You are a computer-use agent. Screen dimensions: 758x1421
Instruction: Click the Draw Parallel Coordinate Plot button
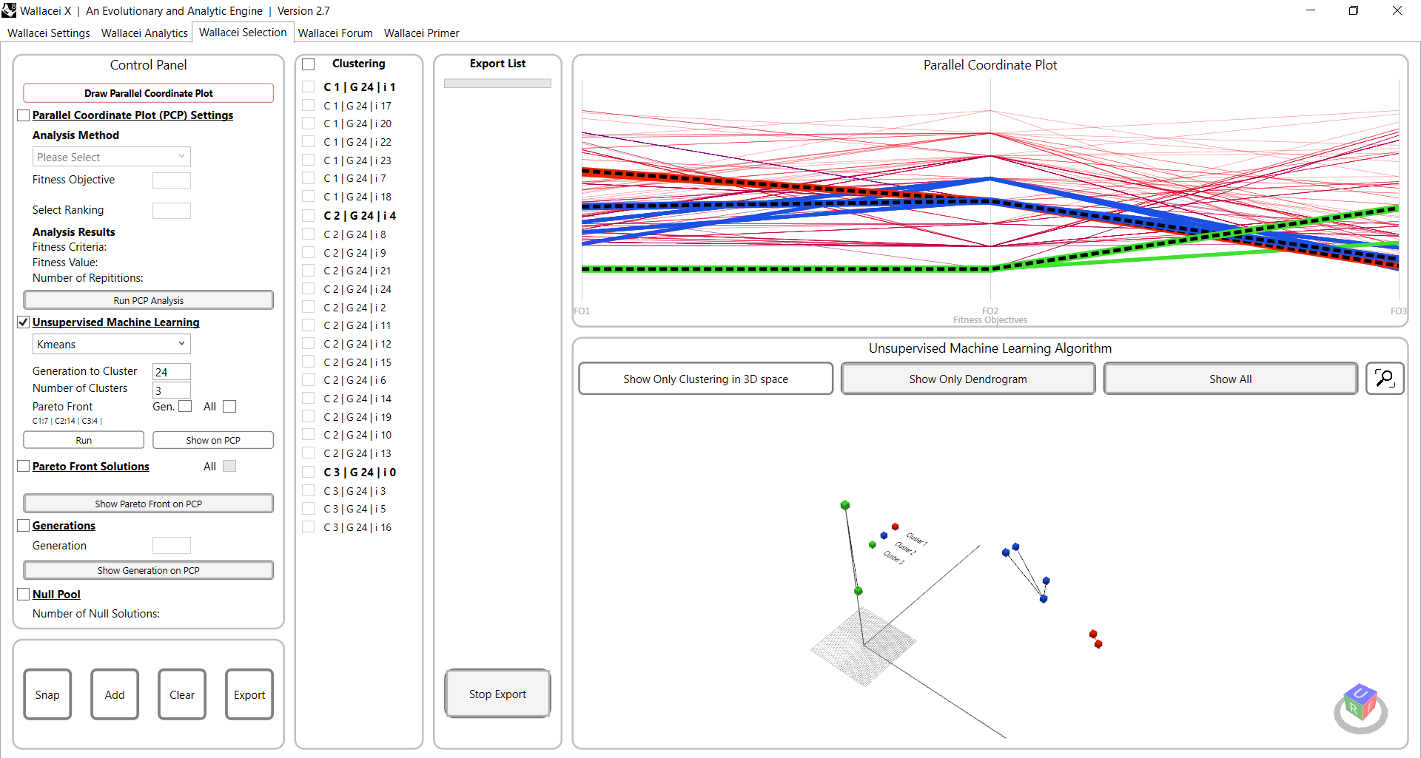pyautogui.click(x=148, y=93)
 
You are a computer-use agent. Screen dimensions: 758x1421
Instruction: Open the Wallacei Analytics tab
pyautogui.click(x=144, y=33)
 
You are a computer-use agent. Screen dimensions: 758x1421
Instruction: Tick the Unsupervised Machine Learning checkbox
pyautogui.click(x=24, y=322)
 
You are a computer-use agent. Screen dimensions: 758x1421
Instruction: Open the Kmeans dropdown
pyautogui.click(x=111, y=344)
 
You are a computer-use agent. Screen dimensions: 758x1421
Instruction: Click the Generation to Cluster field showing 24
pyautogui.click(x=171, y=371)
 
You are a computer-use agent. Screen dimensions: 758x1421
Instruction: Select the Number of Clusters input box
pyautogui.click(x=171, y=390)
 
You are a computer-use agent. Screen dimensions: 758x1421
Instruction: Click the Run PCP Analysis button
pyautogui.click(x=148, y=300)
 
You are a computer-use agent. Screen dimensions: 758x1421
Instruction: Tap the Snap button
pyautogui.click(x=47, y=694)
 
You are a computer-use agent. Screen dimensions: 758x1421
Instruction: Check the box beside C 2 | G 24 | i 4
pyautogui.click(x=309, y=216)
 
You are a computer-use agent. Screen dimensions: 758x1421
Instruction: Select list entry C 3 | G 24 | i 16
pyautogui.click(x=357, y=527)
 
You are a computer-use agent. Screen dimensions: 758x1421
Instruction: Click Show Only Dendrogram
pyautogui.click(x=967, y=379)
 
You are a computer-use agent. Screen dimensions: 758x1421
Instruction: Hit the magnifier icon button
pyautogui.click(x=1384, y=379)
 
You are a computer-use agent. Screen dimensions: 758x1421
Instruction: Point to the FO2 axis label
pyautogui.click(x=990, y=311)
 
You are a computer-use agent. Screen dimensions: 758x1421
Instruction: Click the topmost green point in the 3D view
pyautogui.click(x=844, y=505)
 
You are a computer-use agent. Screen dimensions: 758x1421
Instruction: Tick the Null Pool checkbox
pyautogui.click(x=24, y=595)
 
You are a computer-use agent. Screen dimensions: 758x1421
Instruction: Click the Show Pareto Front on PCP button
pyautogui.click(x=148, y=504)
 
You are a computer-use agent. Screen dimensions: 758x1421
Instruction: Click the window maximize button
pyautogui.click(x=1353, y=10)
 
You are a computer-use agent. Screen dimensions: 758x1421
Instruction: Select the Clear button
pyautogui.click(x=182, y=694)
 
